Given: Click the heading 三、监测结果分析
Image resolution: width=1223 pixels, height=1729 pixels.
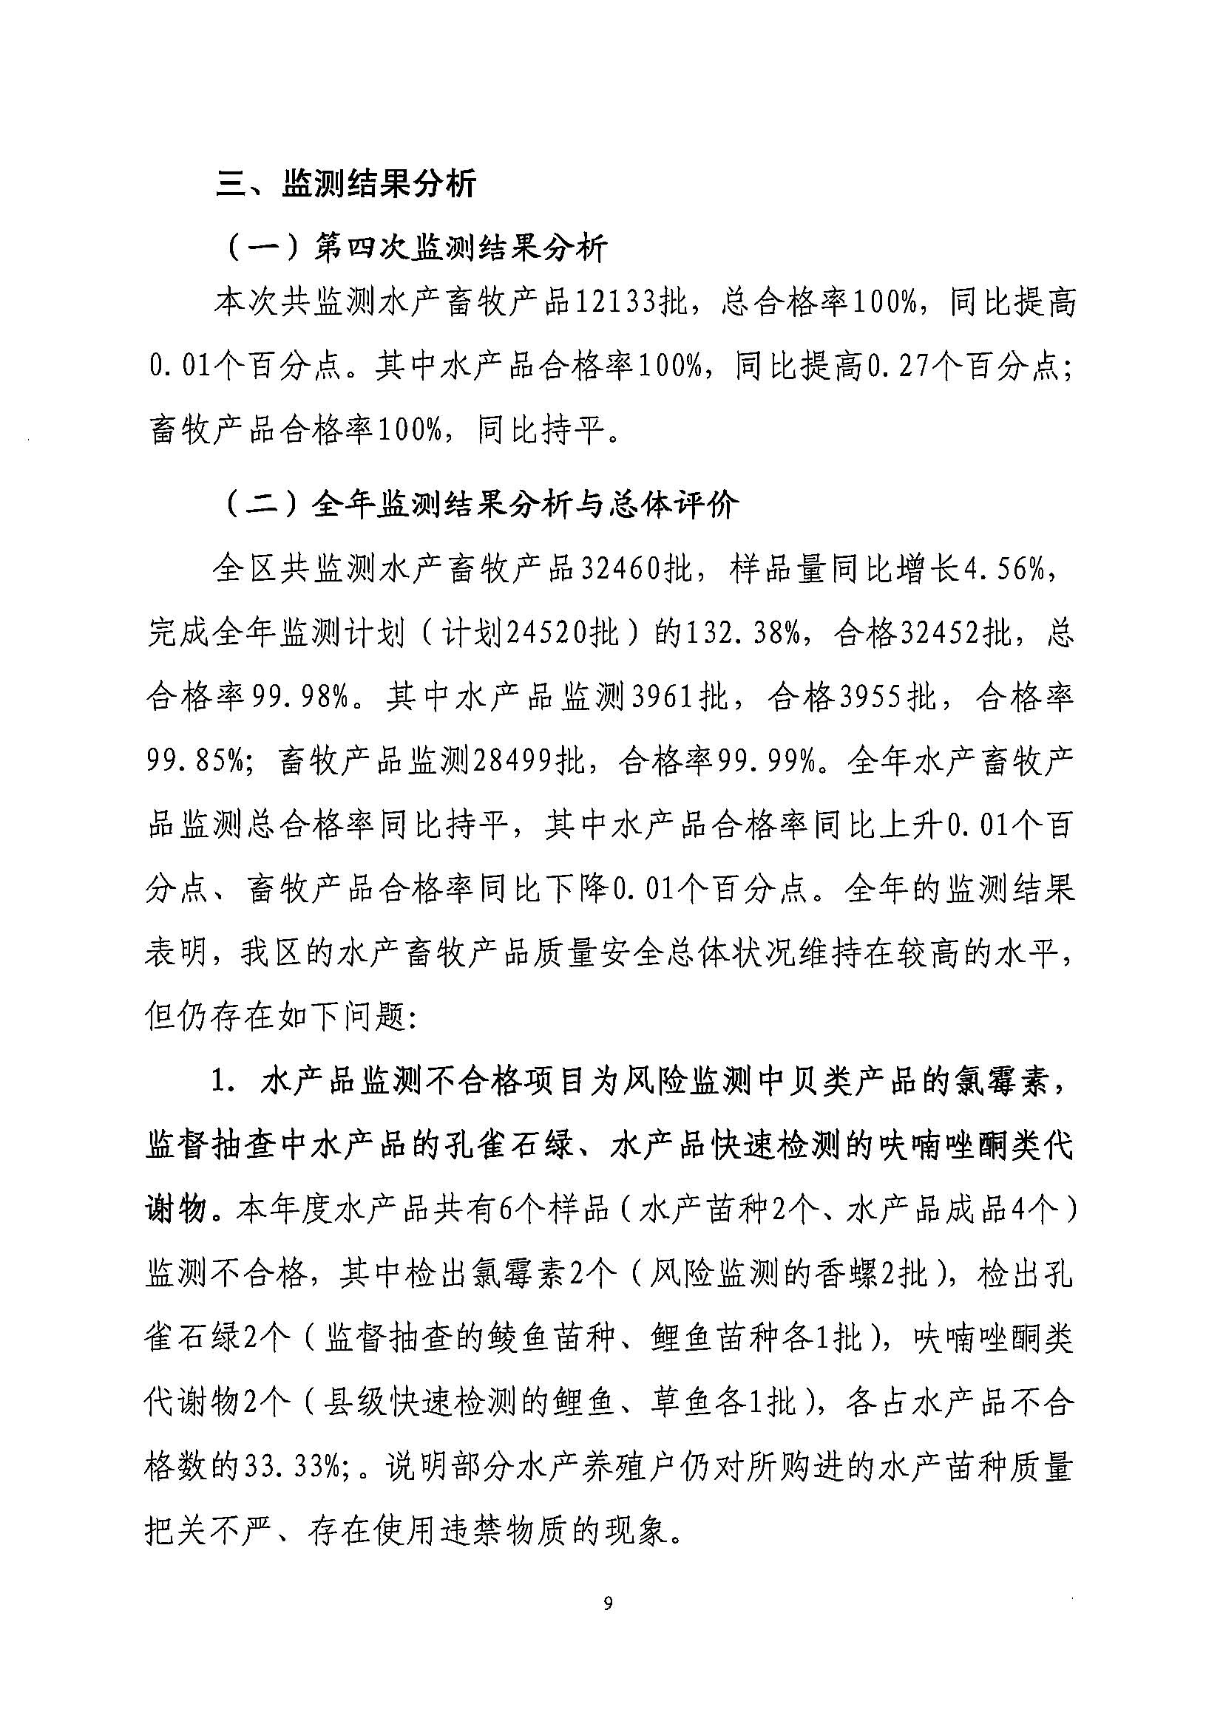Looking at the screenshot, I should click(347, 184).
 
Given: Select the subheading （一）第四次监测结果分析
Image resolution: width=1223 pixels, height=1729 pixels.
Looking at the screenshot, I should click(416, 248).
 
